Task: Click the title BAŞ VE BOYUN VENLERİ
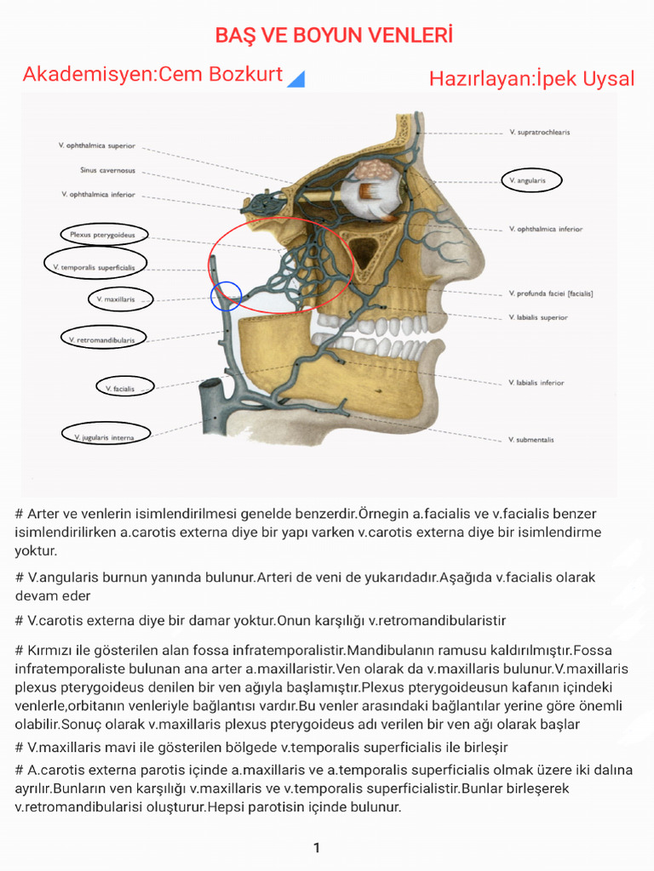pyautogui.click(x=333, y=35)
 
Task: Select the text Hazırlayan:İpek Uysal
pyautogui.click(x=531, y=79)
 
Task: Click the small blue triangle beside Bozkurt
pyautogui.click(x=296, y=79)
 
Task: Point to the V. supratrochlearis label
pyautogui.click(x=539, y=133)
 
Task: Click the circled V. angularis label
pyautogui.click(x=526, y=181)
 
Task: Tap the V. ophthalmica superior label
pyautogui.click(x=97, y=146)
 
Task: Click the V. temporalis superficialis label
pyautogui.click(x=95, y=267)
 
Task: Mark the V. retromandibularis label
pyautogui.click(x=101, y=339)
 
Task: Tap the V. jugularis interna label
pyautogui.click(x=106, y=437)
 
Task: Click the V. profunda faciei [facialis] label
pyautogui.click(x=550, y=293)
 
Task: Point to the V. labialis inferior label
pyautogui.click(x=535, y=383)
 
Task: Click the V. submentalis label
pyautogui.click(x=531, y=440)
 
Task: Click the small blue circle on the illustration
pyautogui.click(x=227, y=296)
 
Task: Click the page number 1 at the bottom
pyautogui.click(x=317, y=848)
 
